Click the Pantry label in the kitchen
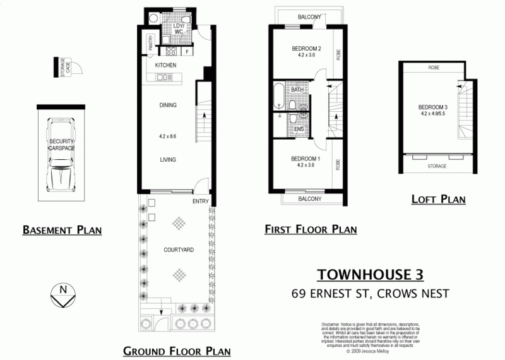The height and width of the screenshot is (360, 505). tap(151, 43)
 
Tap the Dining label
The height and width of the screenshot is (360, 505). tap(167, 105)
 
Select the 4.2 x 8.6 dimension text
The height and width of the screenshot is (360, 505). tap(167, 136)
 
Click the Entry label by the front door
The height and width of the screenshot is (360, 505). tap(201, 201)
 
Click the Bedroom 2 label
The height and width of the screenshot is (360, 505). tap(307, 49)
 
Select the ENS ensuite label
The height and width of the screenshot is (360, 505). tap(299, 130)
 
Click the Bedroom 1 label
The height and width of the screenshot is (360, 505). tap(306, 159)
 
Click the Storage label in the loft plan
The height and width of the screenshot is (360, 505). tap(437, 166)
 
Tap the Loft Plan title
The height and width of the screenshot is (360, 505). tap(438, 200)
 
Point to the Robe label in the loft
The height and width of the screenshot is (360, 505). tap(434, 68)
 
